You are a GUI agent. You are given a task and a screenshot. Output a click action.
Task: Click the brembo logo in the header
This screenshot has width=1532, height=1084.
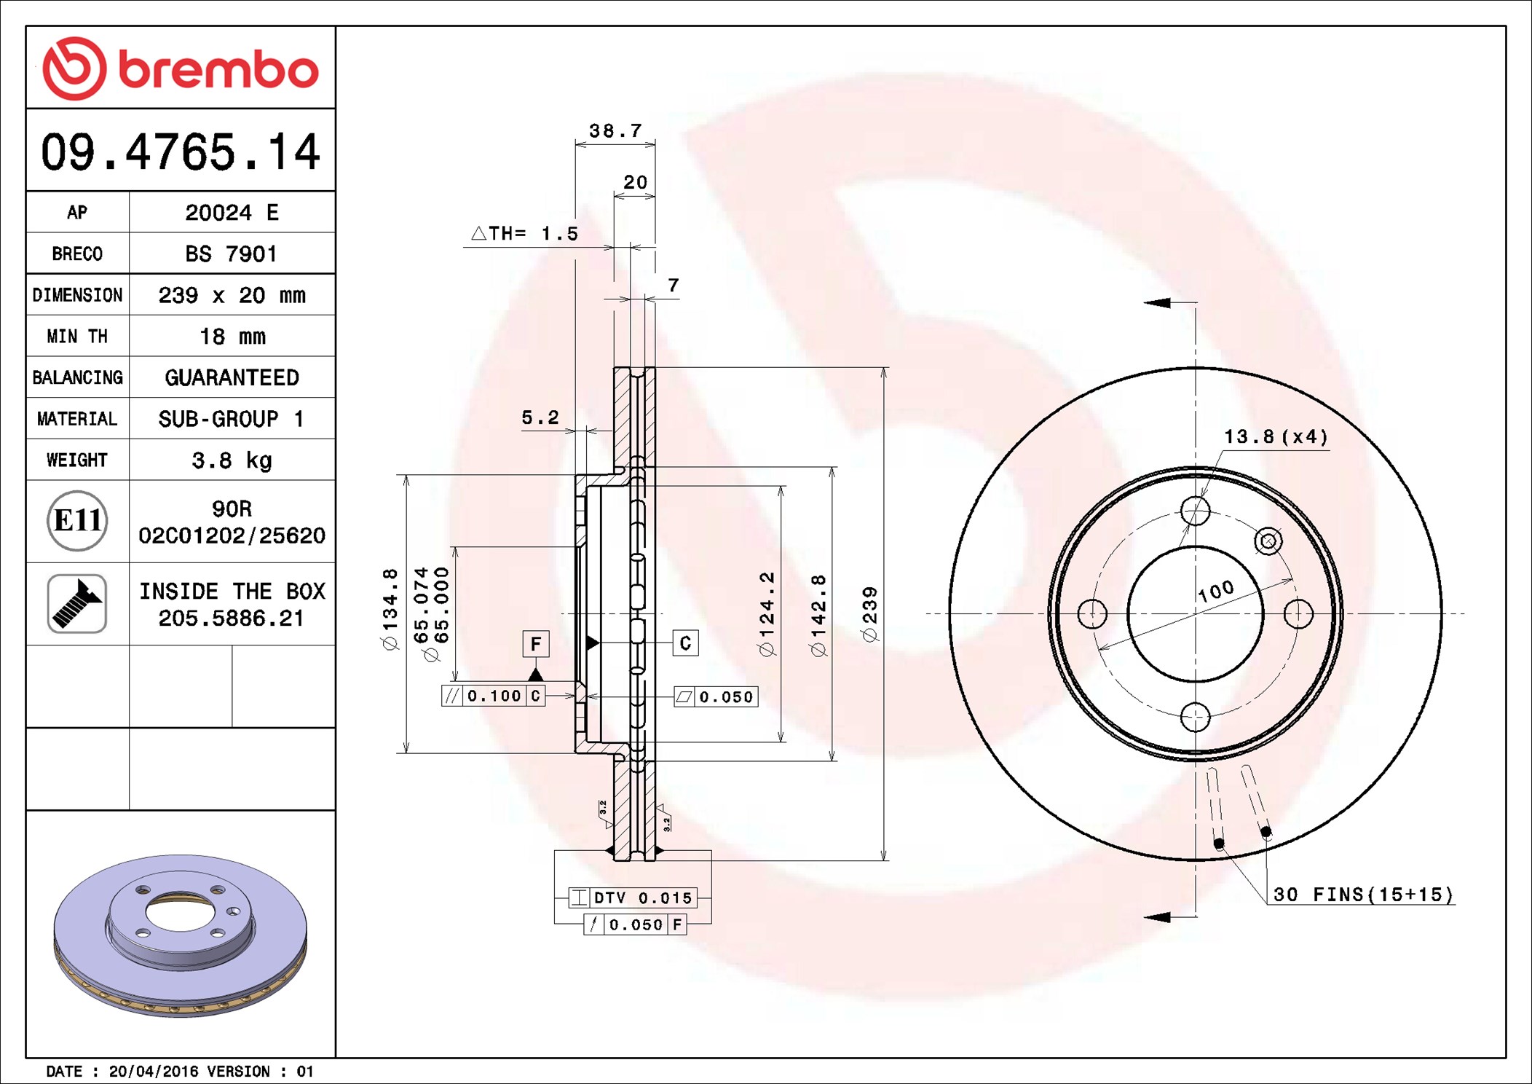click(181, 68)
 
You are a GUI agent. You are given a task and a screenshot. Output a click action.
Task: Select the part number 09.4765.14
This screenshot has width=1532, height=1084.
click(181, 152)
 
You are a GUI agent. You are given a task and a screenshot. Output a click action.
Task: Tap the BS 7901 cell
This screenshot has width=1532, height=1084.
click(232, 254)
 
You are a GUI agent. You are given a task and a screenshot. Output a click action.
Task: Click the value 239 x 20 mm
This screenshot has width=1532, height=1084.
click(232, 295)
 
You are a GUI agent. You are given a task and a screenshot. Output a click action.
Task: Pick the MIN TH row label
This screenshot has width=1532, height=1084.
click(77, 337)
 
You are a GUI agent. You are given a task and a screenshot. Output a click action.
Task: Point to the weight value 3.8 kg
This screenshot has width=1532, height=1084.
click(232, 460)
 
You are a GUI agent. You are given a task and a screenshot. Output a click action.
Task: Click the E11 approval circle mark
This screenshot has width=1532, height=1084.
click(77, 521)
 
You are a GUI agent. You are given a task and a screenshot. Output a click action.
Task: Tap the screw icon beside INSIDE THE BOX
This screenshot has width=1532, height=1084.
click(77, 604)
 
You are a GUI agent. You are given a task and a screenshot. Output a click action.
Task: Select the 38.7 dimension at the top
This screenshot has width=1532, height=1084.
click(615, 131)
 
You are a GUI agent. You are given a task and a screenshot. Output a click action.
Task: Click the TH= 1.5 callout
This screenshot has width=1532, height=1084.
click(524, 234)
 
